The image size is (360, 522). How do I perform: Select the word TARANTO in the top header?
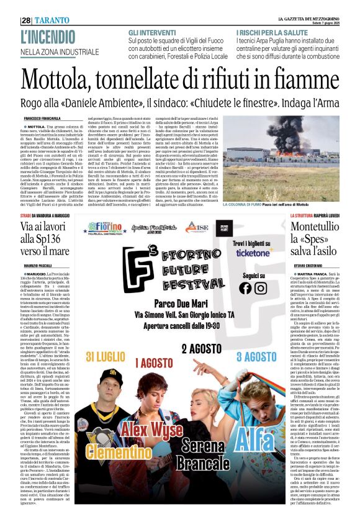pyautogui.click(x=53, y=20)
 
